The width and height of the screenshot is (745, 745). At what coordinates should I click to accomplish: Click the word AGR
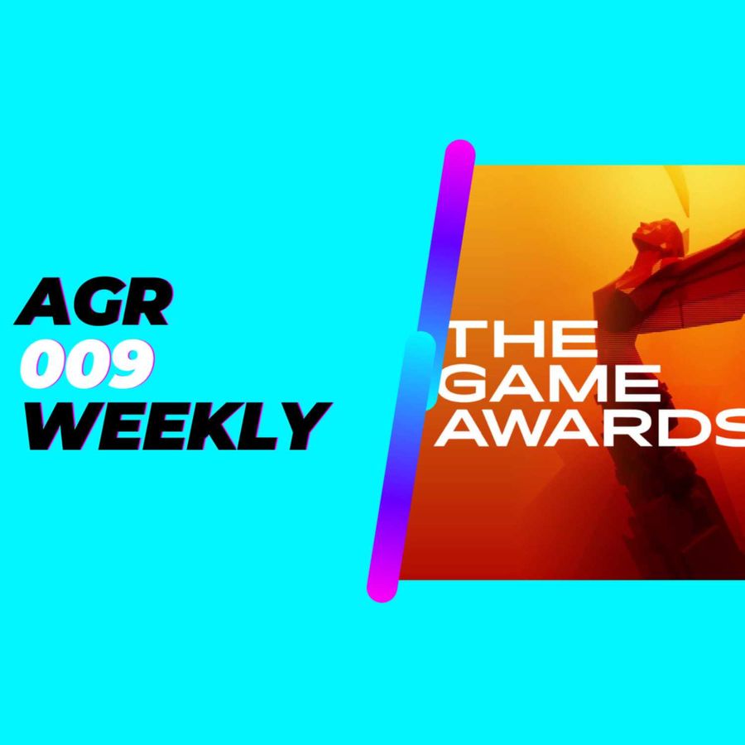pos(93,301)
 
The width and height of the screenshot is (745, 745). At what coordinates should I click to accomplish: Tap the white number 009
pos(87,364)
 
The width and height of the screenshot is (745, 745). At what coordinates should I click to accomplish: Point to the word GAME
pos(548,384)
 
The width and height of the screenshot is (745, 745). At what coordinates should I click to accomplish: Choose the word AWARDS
pos(589,429)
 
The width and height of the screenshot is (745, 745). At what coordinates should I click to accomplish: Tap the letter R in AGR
pos(146,301)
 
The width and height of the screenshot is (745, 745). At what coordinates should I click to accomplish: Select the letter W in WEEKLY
pos(58,426)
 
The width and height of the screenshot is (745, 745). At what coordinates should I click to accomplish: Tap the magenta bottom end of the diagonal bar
pos(382,589)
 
